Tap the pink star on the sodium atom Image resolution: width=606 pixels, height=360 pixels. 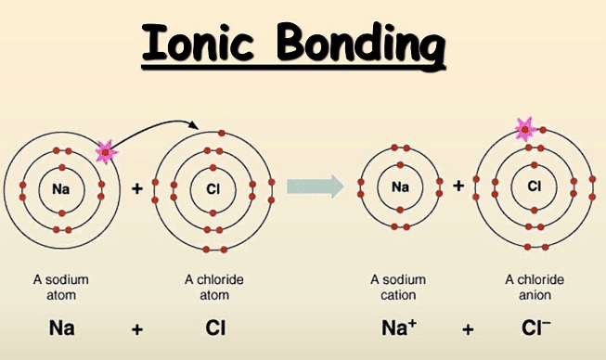pyautogui.click(x=108, y=148)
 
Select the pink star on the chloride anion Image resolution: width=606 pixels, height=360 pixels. pyautogui.click(x=525, y=129)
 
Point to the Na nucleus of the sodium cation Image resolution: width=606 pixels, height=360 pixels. pyautogui.click(x=401, y=186)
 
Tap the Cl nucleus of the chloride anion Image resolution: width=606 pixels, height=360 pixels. pyautogui.click(x=535, y=186)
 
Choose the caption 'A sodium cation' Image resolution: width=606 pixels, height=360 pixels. pyautogui.click(x=401, y=286)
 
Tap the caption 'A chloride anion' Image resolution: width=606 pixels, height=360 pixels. pyautogui.click(x=534, y=286)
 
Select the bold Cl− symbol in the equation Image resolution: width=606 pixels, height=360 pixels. pyautogui.click(x=535, y=327)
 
